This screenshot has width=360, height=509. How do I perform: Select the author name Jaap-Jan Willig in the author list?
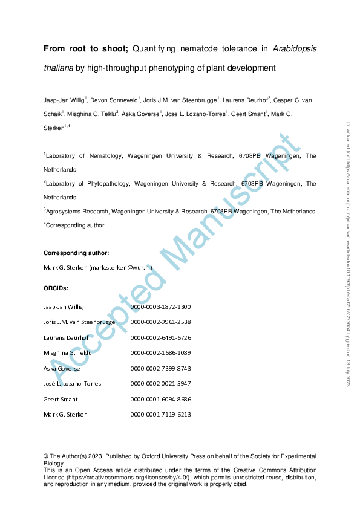(x=64, y=100)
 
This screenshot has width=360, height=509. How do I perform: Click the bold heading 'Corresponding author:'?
(x=76, y=253)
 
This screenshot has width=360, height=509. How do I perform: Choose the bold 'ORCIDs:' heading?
(x=56, y=289)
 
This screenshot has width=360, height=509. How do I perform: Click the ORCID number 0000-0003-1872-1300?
(x=160, y=307)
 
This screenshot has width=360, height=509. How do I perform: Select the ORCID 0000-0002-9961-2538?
(x=160, y=322)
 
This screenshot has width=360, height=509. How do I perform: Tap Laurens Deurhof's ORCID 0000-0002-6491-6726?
(x=160, y=337)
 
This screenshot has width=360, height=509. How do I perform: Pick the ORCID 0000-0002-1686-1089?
(x=160, y=352)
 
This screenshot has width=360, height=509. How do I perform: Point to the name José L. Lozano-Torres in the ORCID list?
(x=72, y=384)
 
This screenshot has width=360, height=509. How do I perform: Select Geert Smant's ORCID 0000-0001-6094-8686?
(x=160, y=399)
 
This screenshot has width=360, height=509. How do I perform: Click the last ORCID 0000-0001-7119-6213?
(x=160, y=414)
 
